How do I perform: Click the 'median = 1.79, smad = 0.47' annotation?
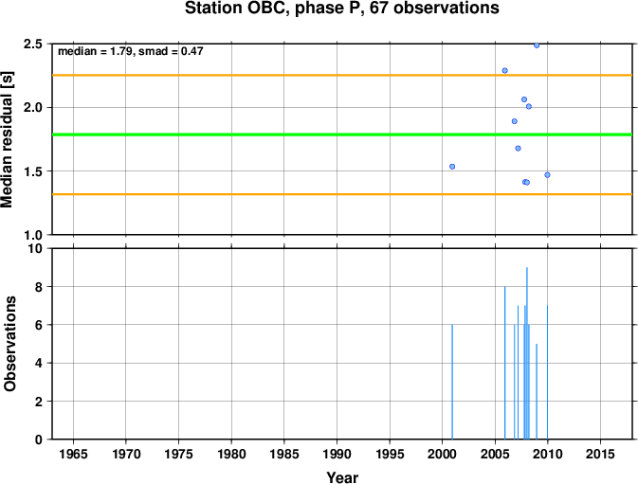click(131, 51)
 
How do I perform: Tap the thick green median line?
click(342, 134)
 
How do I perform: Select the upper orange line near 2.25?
click(342, 75)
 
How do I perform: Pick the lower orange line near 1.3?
click(342, 194)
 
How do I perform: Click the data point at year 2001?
click(452, 167)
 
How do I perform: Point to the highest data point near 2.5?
click(537, 45)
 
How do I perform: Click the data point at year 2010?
click(547, 175)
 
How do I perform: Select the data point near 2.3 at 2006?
click(505, 71)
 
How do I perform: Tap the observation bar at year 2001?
click(452, 382)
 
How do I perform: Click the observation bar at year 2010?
click(547, 372)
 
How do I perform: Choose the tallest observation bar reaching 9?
click(527, 353)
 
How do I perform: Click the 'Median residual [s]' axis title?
click(7, 139)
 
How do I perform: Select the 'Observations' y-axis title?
click(9, 344)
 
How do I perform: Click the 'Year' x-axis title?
click(342, 477)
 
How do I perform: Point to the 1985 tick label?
click(284, 454)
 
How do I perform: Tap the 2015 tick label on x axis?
click(600, 454)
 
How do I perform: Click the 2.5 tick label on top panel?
click(33, 44)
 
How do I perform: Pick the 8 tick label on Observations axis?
click(39, 287)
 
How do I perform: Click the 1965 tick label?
click(73, 454)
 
